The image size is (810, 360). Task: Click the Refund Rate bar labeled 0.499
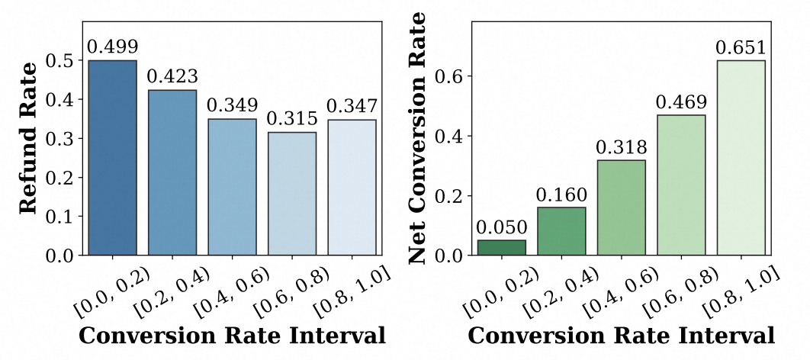(112, 157)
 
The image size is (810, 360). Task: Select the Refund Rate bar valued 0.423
(172, 172)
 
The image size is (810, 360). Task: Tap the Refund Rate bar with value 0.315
(292, 194)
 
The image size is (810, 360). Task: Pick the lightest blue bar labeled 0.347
(352, 187)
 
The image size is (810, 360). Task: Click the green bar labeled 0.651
(741, 158)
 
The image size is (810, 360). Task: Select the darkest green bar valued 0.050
(501, 247)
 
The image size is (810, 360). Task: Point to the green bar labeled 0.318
(622, 207)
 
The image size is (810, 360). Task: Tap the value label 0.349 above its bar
(233, 105)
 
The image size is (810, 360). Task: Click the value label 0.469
(681, 101)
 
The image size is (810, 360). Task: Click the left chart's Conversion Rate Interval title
(232, 336)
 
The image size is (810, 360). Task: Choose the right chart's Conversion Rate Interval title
(621, 336)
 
